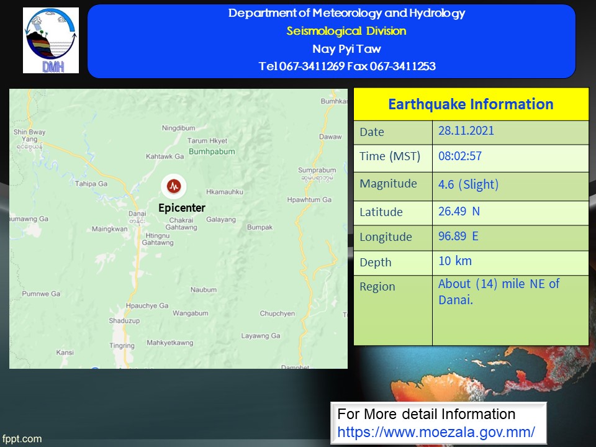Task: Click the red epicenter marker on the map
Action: click(174, 186)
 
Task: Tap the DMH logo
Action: click(51, 40)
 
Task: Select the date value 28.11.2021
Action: click(466, 131)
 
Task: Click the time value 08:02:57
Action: click(460, 156)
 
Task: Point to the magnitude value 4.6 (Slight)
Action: click(468, 184)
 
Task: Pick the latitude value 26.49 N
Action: click(459, 211)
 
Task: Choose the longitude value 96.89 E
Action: click(458, 236)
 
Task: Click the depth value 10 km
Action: click(455, 261)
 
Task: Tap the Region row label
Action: click(377, 287)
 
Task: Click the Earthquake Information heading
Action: click(471, 104)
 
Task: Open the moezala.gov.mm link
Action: click(436, 432)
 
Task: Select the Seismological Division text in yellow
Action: click(346, 31)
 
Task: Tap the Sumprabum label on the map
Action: click(317, 170)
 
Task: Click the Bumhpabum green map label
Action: click(212, 151)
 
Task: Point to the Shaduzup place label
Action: click(124, 321)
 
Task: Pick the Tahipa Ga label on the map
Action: click(91, 184)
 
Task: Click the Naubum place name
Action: click(204, 290)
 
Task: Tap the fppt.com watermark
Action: click(22, 439)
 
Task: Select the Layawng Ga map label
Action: click(261, 336)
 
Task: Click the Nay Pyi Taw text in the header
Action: click(346, 48)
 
